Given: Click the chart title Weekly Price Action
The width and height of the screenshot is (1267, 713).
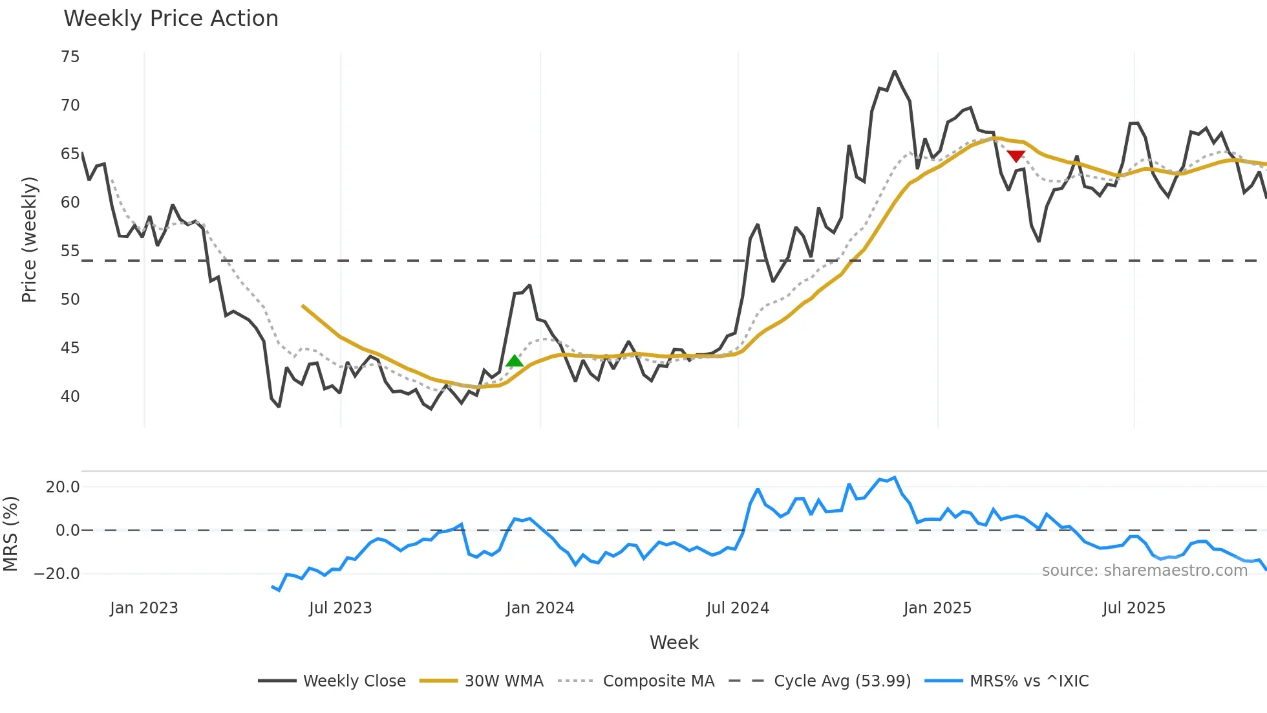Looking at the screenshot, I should pyautogui.click(x=171, y=19).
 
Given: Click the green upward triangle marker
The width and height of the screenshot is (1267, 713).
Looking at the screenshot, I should pyautogui.click(x=515, y=361).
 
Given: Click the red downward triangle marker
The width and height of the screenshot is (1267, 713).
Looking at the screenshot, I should pyautogui.click(x=1016, y=156).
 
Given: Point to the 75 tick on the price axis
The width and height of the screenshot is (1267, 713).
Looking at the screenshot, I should pyautogui.click(x=70, y=57).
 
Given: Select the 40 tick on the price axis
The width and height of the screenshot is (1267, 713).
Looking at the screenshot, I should pyautogui.click(x=70, y=396).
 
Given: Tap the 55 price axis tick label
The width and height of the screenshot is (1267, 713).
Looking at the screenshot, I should pyautogui.click(x=70, y=251).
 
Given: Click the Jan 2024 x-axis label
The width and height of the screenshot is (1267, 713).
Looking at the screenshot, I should pyautogui.click(x=540, y=608).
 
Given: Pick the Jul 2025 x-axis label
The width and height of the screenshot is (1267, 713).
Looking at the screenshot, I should pyautogui.click(x=1134, y=608).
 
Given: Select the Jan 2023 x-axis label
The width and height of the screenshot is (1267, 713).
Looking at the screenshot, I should pyautogui.click(x=144, y=608).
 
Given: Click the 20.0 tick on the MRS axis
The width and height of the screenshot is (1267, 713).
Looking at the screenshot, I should pyautogui.click(x=63, y=487).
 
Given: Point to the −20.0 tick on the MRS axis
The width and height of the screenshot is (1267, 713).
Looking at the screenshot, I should pyautogui.click(x=57, y=574).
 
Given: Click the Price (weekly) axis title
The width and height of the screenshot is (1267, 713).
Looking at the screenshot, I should pyautogui.click(x=29, y=239).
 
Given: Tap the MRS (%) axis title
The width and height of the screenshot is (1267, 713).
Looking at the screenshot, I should pyautogui.click(x=10, y=534).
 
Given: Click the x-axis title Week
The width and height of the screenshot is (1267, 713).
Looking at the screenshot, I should pyautogui.click(x=674, y=642).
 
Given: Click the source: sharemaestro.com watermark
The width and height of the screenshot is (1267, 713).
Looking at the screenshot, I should pyautogui.click(x=1144, y=571).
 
